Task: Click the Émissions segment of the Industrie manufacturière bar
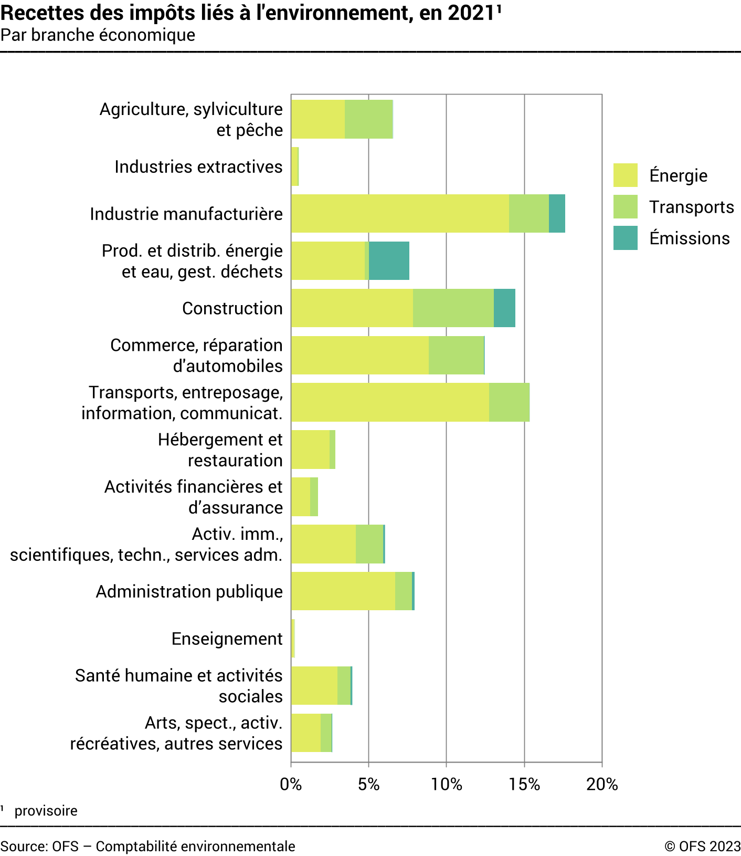[x=557, y=213]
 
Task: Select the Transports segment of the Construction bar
[x=453, y=308]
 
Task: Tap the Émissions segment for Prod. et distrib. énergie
[x=389, y=260]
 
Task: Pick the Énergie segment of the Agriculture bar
[x=317, y=119]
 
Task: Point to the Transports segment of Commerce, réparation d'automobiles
[x=456, y=355]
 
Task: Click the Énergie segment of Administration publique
[x=343, y=591]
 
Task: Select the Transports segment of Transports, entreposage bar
[x=509, y=402]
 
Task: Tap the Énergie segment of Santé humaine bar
[x=314, y=685]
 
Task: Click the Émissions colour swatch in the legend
[x=625, y=238]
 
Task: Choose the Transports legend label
[x=691, y=207]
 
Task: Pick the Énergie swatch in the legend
[x=625, y=175]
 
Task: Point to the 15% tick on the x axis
[x=524, y=784]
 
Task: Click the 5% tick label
[x=368, y=784]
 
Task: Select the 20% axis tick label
[x=602, y=784]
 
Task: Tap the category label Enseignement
[x=227, y=639]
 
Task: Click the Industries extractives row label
[x=198, y=166]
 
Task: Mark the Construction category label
[x=232, y=308]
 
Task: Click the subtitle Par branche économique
[x=98, y=35]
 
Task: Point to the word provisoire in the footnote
[x=46, y=811]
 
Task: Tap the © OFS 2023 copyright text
[x=702, y=847]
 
